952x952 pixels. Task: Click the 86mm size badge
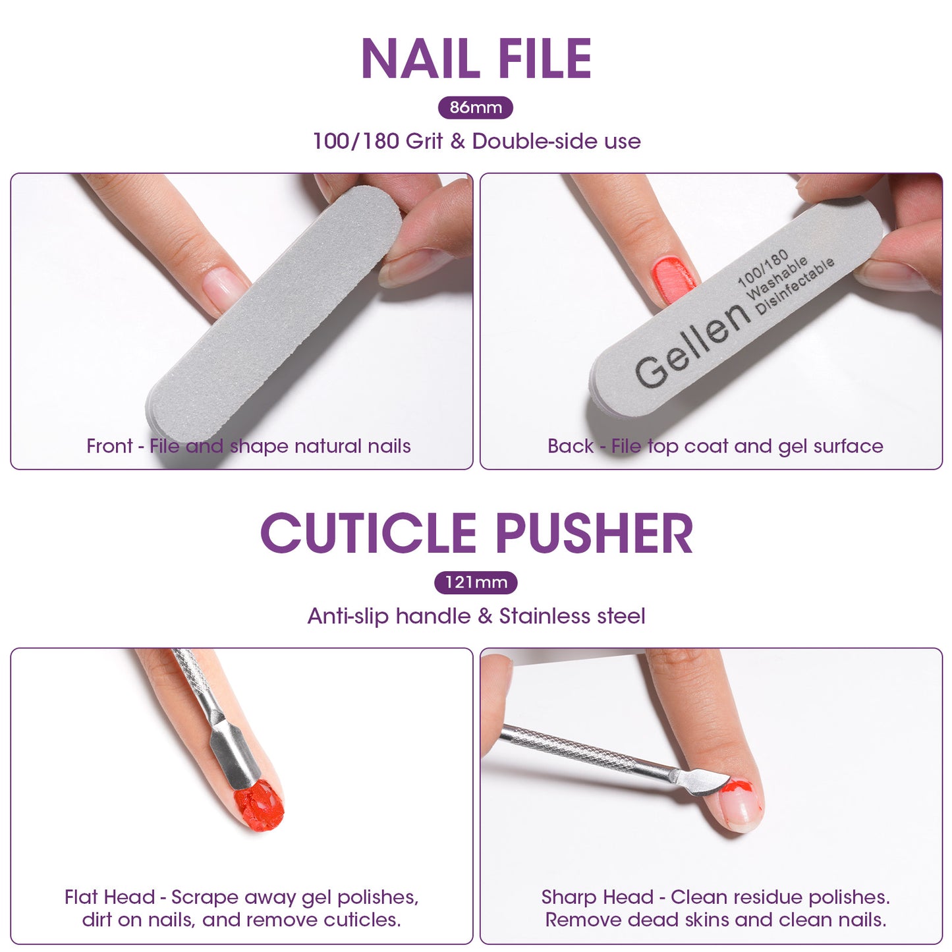click(x=475, y=107)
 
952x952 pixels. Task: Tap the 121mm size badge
click(x=476, y=582)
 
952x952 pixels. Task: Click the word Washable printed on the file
click(x=776, y=277)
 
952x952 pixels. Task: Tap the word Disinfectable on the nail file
click(x=795, y=285)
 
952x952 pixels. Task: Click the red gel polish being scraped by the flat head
click(x=260, y=806)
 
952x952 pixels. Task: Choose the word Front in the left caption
click(x=109, y=446)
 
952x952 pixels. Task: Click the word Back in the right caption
click(x=570, y=446)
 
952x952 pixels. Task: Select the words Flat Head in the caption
click(x=109, y=897)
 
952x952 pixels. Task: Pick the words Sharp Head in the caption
click(x=597, y=897)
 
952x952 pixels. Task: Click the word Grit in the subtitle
click(x=424, y=141)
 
